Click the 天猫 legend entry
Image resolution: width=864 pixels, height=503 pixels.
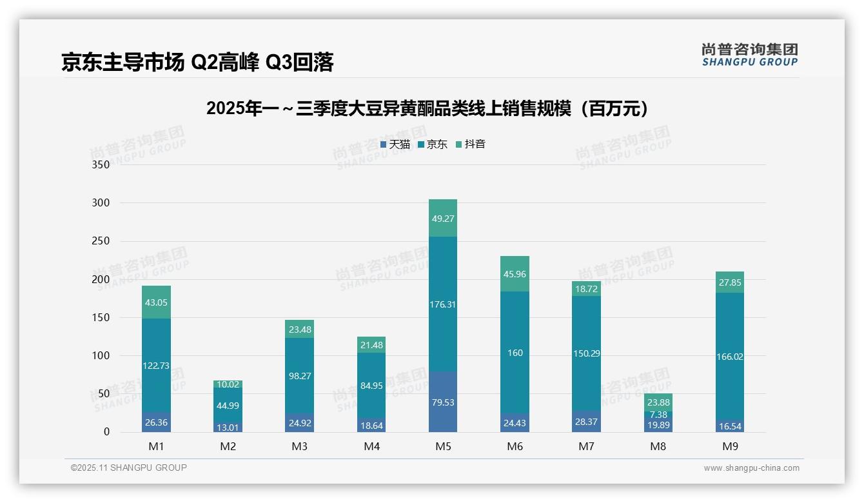pyautogui.click(x=395, y=144)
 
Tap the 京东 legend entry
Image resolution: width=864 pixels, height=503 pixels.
pyautogui.click(x=433, y=144)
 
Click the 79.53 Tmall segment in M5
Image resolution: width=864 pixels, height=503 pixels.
pyautogui.click(x=442, y=402)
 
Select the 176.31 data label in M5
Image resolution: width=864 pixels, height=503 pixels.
pyautogui.click(x=442, y=304)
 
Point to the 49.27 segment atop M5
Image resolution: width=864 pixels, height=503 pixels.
pyautogui.click(x=442, y=219)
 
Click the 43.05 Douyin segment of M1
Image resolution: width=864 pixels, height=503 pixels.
pyautogui.click(x=156, y=302)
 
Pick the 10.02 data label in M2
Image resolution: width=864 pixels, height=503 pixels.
pyautogui.click(x=228, y=384)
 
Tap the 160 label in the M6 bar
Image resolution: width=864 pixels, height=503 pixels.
pyautogui.click(x=515, y=353)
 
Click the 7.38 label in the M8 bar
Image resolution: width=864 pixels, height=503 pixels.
pyautogui.click(x=658, y=414)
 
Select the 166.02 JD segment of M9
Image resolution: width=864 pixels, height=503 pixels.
pyautogui.click(x=729, y=357)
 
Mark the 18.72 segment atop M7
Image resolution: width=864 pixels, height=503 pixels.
pyautogui.click(x=586, y=289)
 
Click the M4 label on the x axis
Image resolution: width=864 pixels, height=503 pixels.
pyautogui.click(x=371, y=446)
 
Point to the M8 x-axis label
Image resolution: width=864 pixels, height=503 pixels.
pyautogui.click(x=658, y=446)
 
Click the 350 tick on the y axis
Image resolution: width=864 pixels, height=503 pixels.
pyautogui.click(x=101, y=164)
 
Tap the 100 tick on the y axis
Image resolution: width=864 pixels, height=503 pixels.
pyautogui.click(x=101, y=355)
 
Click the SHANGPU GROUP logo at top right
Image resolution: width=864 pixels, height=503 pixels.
pyautogui.click(x=749, y=55)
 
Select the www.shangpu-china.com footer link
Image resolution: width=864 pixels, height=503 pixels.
pyautogui.click(x=751, y=468)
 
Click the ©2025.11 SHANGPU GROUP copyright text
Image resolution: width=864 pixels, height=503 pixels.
pyautogui.click(x=129, y=468)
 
